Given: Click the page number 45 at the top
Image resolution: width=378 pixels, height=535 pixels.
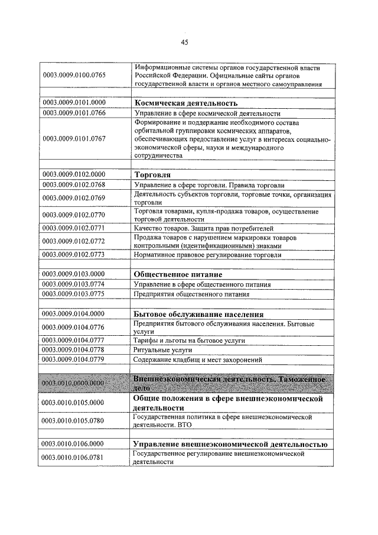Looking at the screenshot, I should click(185, 43).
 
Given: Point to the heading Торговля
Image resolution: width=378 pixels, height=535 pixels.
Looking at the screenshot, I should click(152, 175).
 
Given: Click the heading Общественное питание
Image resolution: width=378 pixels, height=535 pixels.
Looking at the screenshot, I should click(178, 274).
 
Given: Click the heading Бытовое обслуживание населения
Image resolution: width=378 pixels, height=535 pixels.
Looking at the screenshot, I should click(198, 314).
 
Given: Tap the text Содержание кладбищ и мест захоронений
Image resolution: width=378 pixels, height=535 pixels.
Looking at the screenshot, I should click(197, 359).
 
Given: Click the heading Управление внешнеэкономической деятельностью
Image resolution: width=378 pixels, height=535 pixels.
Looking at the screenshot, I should click(230, 443).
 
